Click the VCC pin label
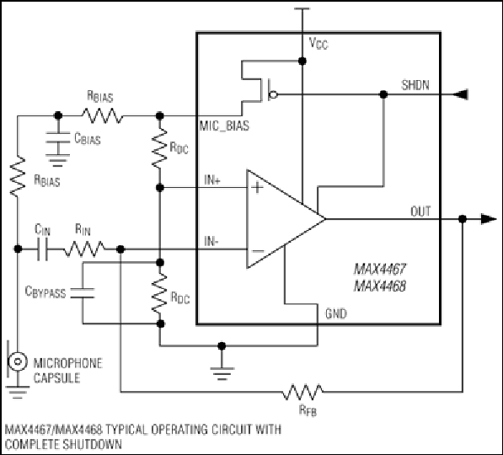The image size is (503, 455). click(318, 43)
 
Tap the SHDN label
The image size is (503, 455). click(415, 85)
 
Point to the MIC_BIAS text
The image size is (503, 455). click(224, 126)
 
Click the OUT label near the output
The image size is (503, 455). click(420, 211)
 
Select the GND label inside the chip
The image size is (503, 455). click(336, 313)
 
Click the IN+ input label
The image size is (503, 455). click(212, 180)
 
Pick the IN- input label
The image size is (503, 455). click(211, 241)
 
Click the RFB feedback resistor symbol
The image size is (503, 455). click(302, 392)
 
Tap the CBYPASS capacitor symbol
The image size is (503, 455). click(83, 293)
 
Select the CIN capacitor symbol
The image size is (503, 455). click(43, 249)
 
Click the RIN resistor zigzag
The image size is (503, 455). click(84, 249)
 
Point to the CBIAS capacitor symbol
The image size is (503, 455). click(58, 137)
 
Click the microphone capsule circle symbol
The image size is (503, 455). click(17, 361)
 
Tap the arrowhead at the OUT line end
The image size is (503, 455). click(489, 219)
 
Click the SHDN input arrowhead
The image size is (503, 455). click(460, 94)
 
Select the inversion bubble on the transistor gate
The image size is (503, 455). click(273, 94)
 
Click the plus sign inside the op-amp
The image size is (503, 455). click(257, 187)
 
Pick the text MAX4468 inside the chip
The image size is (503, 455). click(380, 286)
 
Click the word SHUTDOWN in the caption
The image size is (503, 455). click(93, 444)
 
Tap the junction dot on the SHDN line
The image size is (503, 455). click(383, 94)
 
